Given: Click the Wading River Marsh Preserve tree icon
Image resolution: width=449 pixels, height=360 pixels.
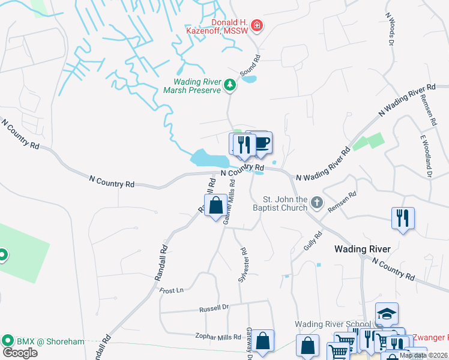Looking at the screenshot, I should click(x=229, y=86).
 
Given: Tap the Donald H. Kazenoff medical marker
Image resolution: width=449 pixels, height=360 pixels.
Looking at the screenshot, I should click(x=257, y=25).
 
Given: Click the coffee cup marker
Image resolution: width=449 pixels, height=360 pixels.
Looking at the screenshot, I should click(x=261, y=143).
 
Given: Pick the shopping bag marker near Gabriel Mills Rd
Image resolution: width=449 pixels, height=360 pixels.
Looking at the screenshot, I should click(x=216, y=206).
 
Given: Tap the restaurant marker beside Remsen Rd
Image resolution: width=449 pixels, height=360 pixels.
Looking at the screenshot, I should click(x=403, y=218).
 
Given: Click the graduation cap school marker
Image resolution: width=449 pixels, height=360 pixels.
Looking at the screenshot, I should click(x=387, y=314).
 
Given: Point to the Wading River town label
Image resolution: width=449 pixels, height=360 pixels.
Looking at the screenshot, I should click(x=363, y=249).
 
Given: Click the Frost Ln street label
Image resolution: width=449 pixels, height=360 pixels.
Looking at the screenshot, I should click(x=172, y=290).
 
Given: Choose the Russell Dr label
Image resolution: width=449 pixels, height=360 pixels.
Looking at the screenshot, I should click(x=214, y=308).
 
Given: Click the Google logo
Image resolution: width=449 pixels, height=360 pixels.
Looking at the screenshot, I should click(x=20, y=352).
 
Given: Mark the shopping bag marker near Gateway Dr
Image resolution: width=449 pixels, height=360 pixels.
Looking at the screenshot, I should click(x=262, y=341).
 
